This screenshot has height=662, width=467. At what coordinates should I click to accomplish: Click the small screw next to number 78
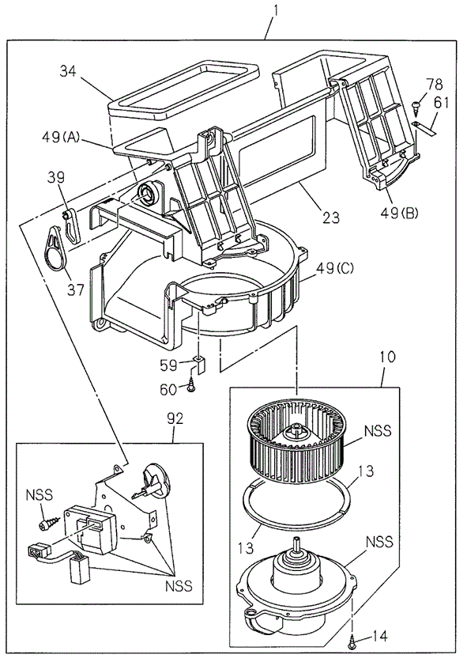[416, 104]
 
